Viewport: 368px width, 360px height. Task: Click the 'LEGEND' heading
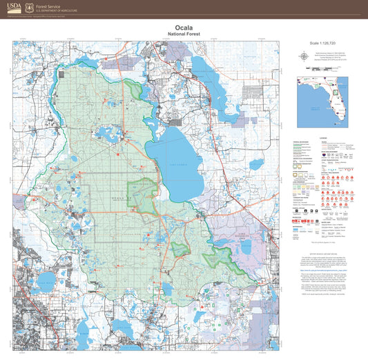click(x=323, y=138)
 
